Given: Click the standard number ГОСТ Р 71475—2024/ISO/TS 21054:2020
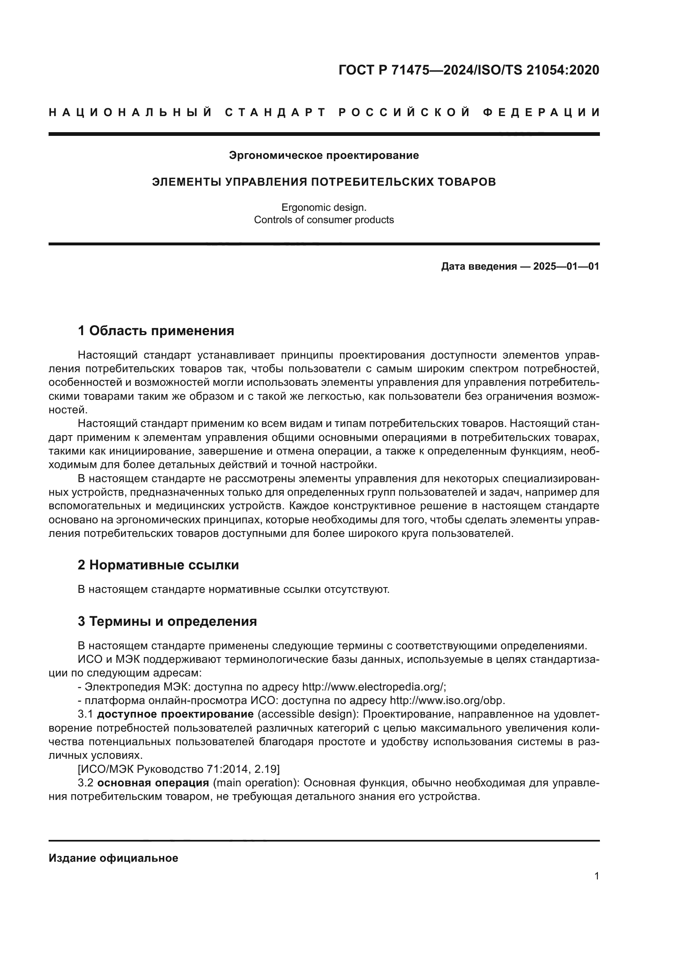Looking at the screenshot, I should point(469,70).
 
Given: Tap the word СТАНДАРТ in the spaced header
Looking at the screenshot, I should point(275,112).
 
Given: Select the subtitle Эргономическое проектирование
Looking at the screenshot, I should point(324,156).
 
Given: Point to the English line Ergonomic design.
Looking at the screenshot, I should point(324,207).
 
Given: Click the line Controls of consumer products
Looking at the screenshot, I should point(324,220).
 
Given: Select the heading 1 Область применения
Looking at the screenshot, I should point(156,331).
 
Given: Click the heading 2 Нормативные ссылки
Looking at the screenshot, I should point(158,565).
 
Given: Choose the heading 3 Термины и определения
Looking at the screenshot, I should point(167,621).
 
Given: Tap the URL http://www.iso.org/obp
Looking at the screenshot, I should point(447,701).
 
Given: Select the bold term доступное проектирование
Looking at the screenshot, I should point(175,714).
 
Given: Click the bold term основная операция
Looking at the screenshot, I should point(153,783).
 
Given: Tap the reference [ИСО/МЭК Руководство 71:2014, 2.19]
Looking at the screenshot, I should point(179,769).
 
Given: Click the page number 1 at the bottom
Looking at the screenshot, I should point(596,876).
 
